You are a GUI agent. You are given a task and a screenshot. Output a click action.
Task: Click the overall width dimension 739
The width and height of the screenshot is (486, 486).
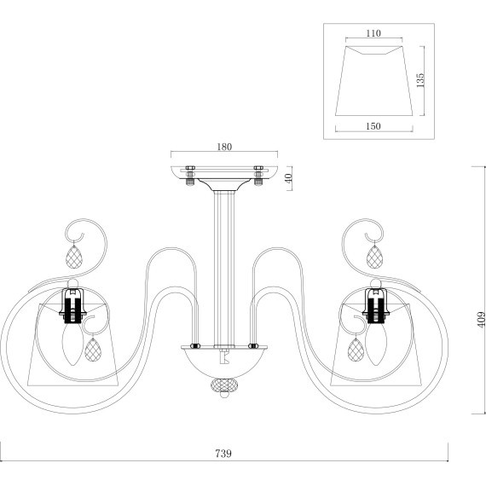pos(223,454)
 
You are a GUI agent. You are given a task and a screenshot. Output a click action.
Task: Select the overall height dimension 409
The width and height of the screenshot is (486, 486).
pos(481,319)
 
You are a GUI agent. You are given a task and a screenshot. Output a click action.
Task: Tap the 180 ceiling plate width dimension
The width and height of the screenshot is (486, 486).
pos(224,147)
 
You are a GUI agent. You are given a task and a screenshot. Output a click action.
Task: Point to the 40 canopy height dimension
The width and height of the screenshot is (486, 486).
pos(288,178)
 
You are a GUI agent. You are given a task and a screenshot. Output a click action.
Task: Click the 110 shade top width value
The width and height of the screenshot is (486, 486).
pos(373,33)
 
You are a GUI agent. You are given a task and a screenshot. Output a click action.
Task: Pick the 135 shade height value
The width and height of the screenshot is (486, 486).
pos(420,80)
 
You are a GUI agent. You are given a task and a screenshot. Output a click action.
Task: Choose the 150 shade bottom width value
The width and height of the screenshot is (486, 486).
pos(373,126)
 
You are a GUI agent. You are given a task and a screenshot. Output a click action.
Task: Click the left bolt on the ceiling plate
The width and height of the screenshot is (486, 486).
pos(190,176)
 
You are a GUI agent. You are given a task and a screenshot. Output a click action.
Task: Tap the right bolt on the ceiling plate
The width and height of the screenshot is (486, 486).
pos(258,176)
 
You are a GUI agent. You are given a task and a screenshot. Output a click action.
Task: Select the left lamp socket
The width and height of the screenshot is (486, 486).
pos(72,305)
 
